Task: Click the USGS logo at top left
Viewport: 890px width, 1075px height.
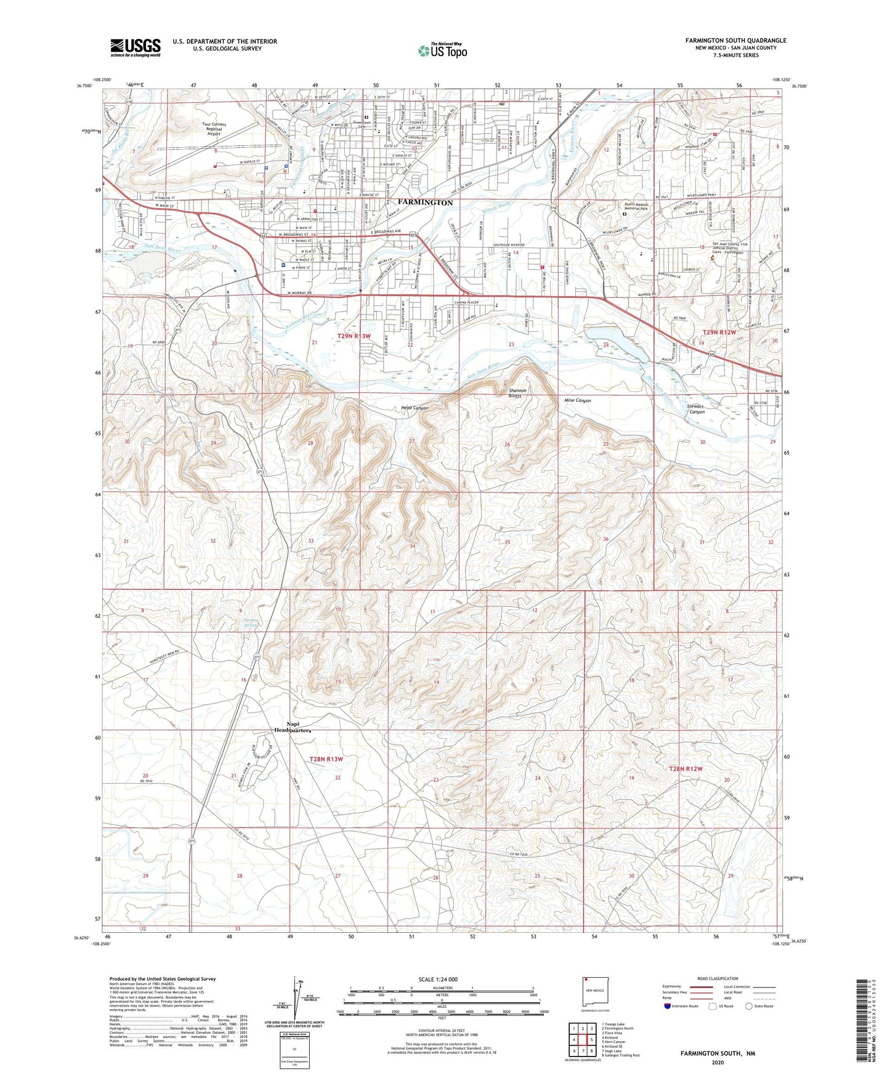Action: (x=136, y=47)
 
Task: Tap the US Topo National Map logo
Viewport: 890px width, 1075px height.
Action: (x=442, y=50)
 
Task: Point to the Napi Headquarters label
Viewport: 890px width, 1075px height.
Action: (x=292, y=727)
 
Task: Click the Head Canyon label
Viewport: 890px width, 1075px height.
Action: (x=415, y=408)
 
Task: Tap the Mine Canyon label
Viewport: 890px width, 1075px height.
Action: (x=577, y=400)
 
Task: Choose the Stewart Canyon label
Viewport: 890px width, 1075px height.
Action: (x=696, y=409)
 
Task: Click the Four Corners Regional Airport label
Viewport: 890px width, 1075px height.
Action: (x=214, y=128)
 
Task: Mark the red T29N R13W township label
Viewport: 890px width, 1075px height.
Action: (x=354, y=336)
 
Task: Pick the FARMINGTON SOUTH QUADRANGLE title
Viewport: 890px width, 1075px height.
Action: (x=735, y=41)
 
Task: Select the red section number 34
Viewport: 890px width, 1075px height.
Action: (x=412, y=546)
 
